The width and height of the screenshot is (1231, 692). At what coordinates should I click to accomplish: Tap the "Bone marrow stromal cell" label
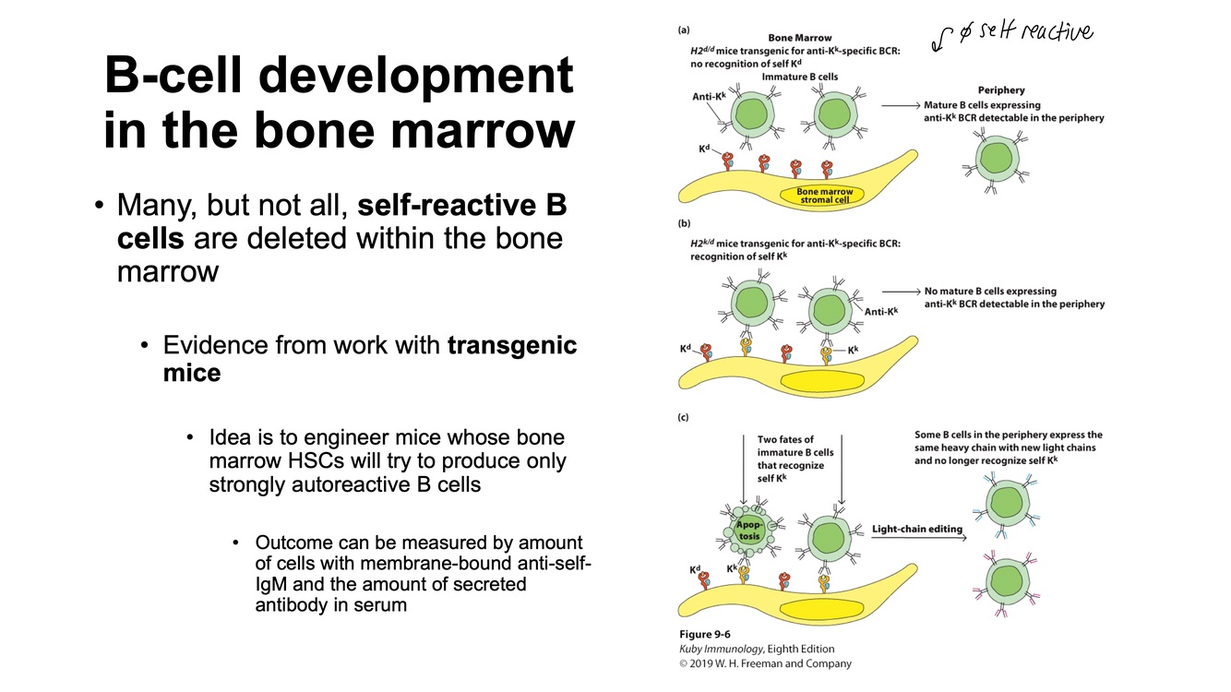(x=824, y=195)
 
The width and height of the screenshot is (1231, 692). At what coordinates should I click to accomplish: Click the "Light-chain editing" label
(x=917, y=529)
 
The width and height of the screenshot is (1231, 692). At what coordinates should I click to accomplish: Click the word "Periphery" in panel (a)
(x=1001, y=90)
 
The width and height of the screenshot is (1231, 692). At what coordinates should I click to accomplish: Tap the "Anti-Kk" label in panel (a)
(x=709, y=97)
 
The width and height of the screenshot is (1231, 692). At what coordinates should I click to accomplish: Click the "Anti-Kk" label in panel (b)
(x=880, y=312)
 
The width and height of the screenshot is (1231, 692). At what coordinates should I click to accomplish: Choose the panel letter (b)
(x=684, y=224)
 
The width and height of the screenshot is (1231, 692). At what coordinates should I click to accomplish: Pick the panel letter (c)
(x=684, y=418)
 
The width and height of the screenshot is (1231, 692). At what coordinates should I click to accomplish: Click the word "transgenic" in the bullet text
(x=512, y=346)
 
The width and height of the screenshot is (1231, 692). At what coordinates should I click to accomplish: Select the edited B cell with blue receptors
(x=1002, y=503)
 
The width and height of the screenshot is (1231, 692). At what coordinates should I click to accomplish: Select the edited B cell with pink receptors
(x=1002, y=581)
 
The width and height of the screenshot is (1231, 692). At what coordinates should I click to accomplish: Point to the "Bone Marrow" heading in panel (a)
(x=801, y=39)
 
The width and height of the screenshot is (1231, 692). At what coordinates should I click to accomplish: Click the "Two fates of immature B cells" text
(x=795, y=452)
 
